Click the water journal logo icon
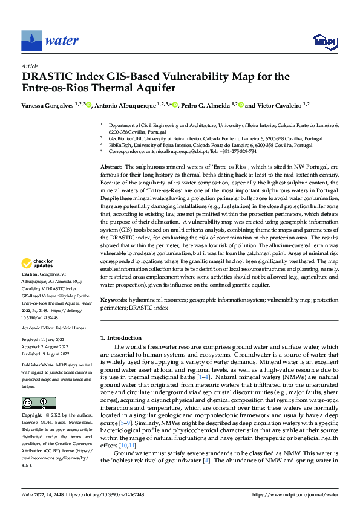pyautogui.click(x=32, y=41)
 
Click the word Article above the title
pyautogui.click(x=30, y=65)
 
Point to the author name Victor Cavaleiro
pyautogui.click(x=279, y=105)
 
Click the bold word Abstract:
pyautogui.click(x=111, y=166)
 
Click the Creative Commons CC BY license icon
pyautogui.click(x=39, y=403)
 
